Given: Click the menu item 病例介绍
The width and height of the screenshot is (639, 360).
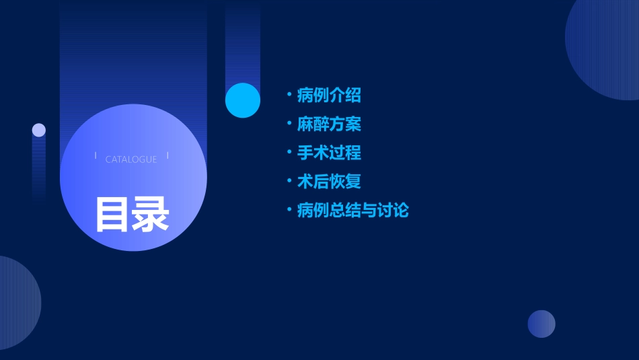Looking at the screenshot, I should click(x=329, y=96).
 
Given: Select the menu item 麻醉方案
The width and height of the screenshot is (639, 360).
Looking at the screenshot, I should click(x=329, y=124).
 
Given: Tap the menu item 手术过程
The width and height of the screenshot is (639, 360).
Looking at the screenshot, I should click(x=329, y=153).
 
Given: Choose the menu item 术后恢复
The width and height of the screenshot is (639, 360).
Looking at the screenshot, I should click(x=329, y=182).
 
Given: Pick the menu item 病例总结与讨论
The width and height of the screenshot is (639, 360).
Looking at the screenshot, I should click(x=352, y=211).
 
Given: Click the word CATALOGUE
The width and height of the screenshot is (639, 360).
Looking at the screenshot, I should click(x=131, y=159).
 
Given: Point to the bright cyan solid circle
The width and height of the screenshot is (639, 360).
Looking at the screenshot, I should click(x=243, y=100).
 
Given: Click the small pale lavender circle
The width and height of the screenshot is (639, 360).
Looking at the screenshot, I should click(x=39, y=130).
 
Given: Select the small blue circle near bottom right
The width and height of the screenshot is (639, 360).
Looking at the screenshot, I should click(x=541, y=324).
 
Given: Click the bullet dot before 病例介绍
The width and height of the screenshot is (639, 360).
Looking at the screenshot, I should click(x=289, y=95).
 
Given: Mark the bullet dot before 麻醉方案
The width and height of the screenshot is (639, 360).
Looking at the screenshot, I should click(x=289, y=124).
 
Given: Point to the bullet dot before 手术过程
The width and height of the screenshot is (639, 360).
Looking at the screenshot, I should click(x=289, y=152).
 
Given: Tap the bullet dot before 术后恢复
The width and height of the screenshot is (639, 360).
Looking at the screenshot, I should click(x=289, y=181).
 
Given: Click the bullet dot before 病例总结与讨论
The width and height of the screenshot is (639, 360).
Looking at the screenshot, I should click(x=289, y=210).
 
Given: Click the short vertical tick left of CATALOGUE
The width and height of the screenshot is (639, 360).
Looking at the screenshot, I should click(x=96, y=156).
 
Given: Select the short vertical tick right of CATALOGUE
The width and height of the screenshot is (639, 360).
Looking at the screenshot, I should click(x=167, y=156).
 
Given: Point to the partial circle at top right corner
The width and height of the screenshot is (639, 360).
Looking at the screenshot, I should click(x=605, y=47).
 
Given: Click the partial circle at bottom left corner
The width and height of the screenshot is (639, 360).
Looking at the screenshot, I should click(x=17, y=303).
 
